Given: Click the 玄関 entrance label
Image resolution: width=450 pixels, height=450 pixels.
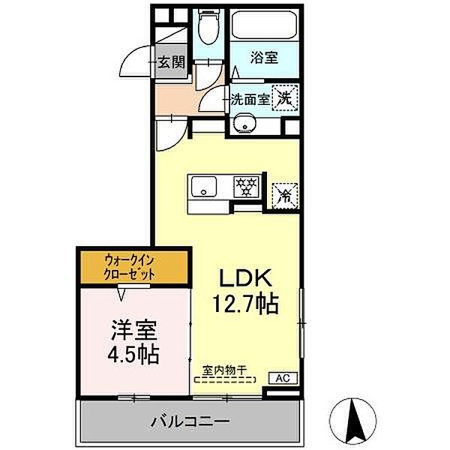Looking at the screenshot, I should click(x=171, y=63).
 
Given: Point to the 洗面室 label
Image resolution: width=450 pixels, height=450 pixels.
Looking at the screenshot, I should click(x=248, y=97).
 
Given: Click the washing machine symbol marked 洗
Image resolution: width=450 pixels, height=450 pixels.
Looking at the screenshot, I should click(x=285, y=96).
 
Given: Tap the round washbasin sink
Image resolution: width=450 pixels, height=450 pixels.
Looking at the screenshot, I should click(x=241, y=124).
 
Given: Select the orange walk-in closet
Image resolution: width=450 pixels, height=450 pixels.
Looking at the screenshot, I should click(x=130, y=267).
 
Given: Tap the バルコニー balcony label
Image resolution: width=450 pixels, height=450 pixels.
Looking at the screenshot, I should click(x=187, y=422).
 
